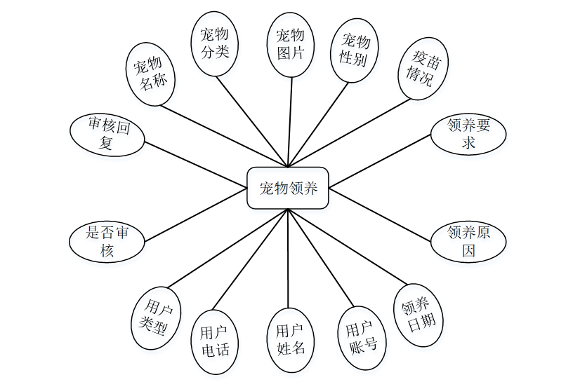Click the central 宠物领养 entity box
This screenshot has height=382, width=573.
pyautogui.click(x=288, y=188)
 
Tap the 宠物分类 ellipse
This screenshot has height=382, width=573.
pyautogui.click(x=215, y=43)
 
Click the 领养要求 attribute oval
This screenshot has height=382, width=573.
pyautogui.click(x=468, y=134)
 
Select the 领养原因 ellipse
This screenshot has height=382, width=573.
pyautogui.click(x=468, y=240)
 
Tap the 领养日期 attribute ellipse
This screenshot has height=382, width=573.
pyautogui.click(x=419, y=314)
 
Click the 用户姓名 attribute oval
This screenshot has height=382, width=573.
pyautogui.click(x=290, y=339)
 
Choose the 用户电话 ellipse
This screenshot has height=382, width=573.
pyautogui.click(x=215, y=341)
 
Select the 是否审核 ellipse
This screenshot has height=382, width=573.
pyautogui.click(x=106, y=241)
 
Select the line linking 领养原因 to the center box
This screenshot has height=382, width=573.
pyautogui.click(x=380, y=214)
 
